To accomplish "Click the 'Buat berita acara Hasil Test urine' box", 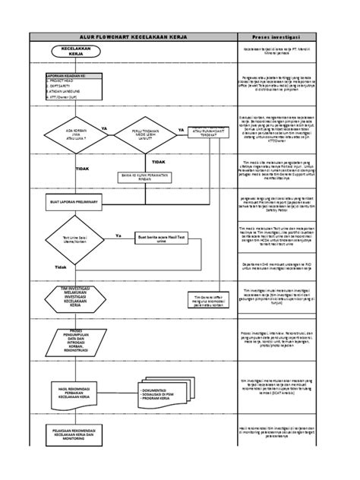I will click(x=161, y=238).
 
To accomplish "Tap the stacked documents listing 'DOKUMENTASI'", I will click(x=163, y=391).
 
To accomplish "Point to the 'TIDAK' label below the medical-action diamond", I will click(x=158, y=161).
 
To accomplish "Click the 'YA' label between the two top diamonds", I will click(x=104, y=128).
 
